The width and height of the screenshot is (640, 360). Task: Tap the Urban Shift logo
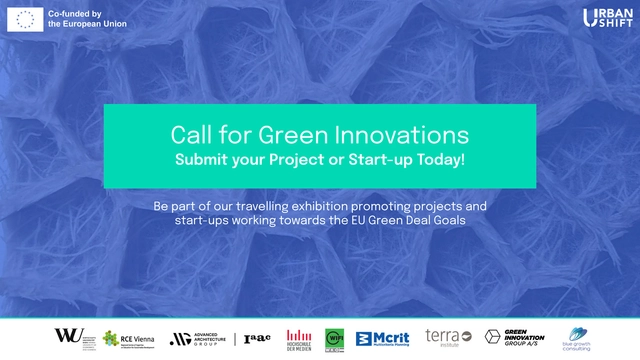[604, 18]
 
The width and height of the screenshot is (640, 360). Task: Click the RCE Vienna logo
[129, 338]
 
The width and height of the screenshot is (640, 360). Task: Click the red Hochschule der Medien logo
[299, 338]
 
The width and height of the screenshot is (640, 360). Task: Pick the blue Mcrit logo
[384, 338]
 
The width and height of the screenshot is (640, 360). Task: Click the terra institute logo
[443, 338]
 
